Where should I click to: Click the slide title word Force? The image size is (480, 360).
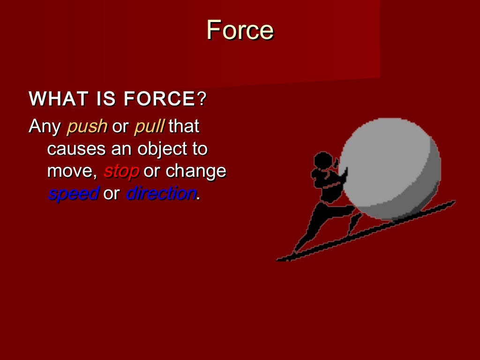pos(240,30)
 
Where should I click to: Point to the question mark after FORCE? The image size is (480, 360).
pos(202,99)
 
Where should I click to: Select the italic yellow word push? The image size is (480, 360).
pos(87,127)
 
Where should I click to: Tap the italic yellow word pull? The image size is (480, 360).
pos(149,126)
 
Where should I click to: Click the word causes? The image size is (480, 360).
pos(76,150)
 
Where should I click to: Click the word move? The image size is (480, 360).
pos(71,172)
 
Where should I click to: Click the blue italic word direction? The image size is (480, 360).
pos(161,193)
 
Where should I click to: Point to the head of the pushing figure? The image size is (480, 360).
pos(323,162)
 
